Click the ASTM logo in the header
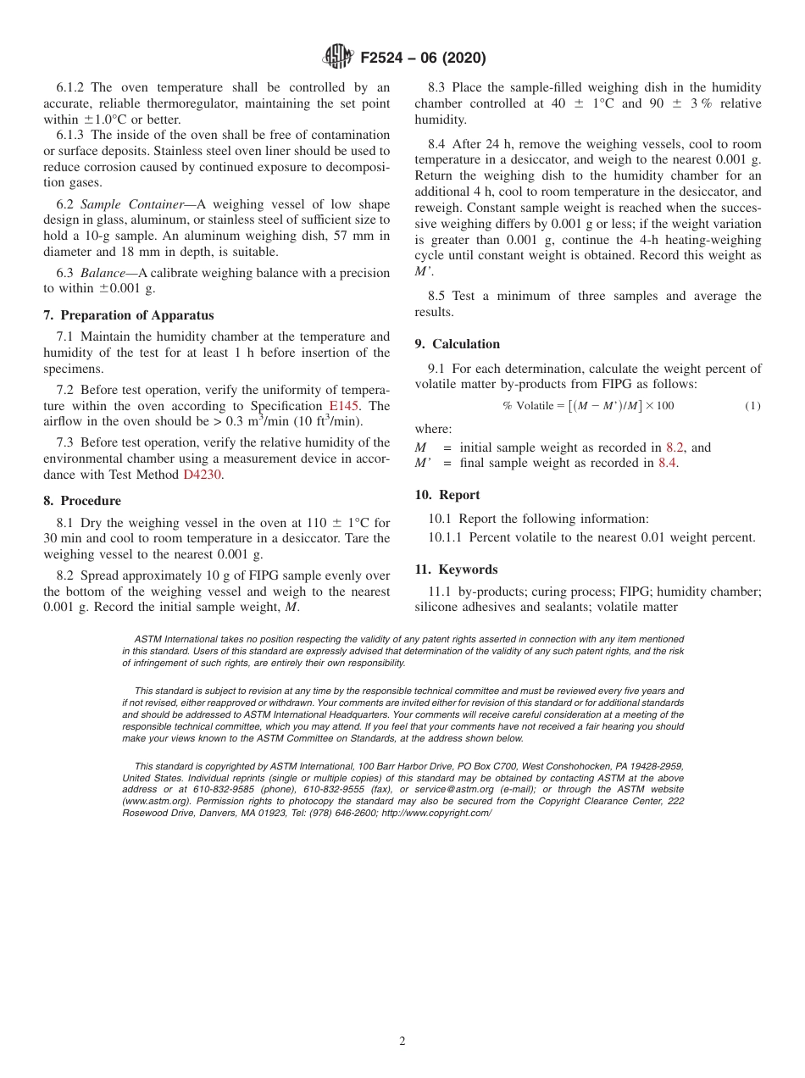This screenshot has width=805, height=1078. tap(337, 57)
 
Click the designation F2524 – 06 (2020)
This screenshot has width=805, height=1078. tap(423, 58)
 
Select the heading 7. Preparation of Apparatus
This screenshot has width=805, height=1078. tap(129, 315)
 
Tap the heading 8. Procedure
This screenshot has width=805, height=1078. tap(82, 500)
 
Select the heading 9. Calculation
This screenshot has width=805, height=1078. tap(458, 343)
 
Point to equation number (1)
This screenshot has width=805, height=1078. tap(752, 406)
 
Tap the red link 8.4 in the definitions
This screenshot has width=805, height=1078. tap(667, 463)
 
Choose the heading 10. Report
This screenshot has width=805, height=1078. tap(447, 494)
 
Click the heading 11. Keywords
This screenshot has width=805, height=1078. tap(456, 569)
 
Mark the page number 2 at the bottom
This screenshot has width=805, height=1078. tap(402, 1042)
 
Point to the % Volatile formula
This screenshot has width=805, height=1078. tap(588, 406)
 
